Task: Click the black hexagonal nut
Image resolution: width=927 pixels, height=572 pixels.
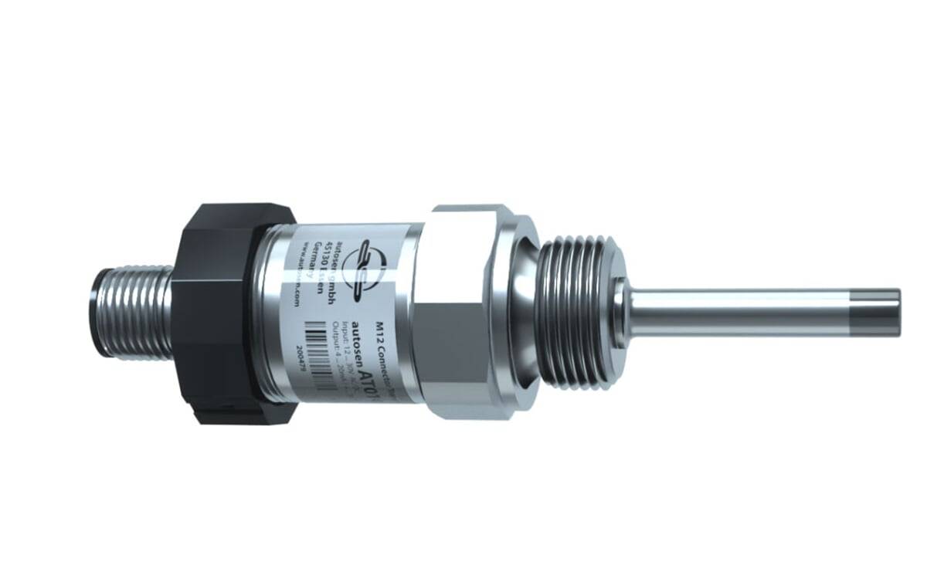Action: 220,313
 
